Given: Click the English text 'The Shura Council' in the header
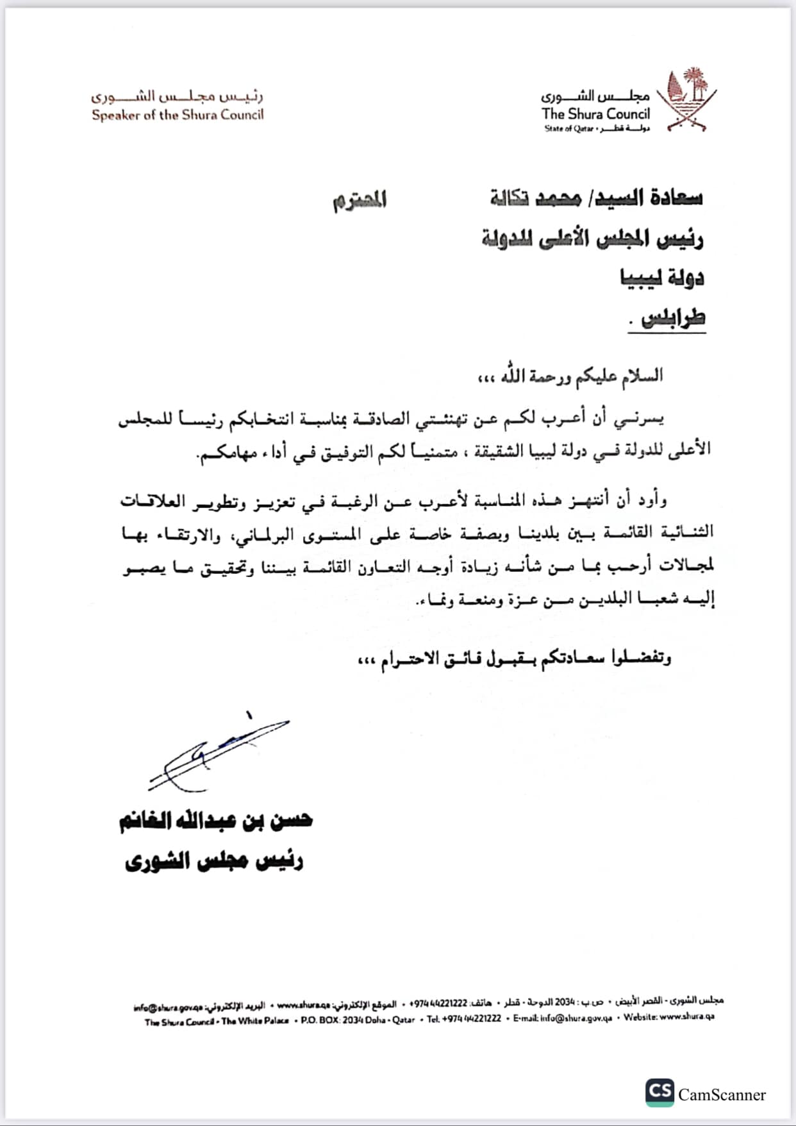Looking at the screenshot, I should [x=595, y=114].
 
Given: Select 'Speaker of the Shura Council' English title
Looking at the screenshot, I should [x=178, y=115].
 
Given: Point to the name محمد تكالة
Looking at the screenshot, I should [x=535, y=199].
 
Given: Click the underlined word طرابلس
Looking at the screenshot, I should [x=673, y=318].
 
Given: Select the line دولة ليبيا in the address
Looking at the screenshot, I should [x=662, y=278].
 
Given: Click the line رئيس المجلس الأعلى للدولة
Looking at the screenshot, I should [x=592, y=239].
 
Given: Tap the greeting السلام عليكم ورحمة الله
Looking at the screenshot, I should [x=570, y=376].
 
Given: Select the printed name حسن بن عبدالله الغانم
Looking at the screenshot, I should [x=215, y=821].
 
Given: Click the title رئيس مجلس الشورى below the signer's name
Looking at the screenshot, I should [x=214, y=861].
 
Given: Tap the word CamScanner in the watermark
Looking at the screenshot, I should [x=722, y=1094].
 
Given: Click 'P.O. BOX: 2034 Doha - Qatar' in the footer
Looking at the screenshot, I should [x=358, y=1019].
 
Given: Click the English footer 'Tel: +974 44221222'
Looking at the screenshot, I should [x=464, y=1018].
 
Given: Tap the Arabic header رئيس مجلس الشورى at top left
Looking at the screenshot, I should [x=177, y=97].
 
